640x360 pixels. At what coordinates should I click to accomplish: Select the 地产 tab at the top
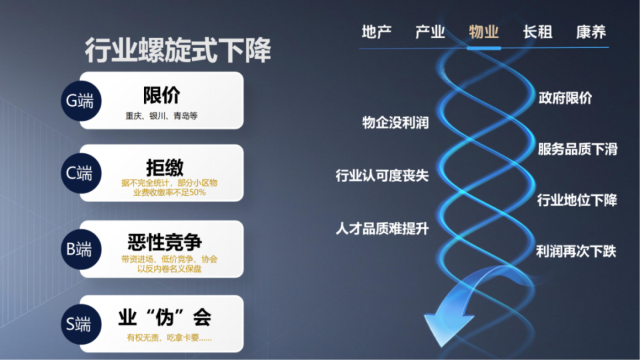coord(376,32)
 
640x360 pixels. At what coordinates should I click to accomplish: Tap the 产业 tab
coord(430,32)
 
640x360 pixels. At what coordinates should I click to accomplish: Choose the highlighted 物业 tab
coord(483,32)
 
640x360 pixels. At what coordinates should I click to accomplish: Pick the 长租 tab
coord(537,32)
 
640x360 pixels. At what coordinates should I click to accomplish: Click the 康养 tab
coord(591,32)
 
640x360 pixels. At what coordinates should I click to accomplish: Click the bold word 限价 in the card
coord(161,95)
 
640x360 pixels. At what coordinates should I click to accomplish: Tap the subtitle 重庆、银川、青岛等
coord(161,115)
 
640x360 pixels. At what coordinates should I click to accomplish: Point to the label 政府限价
coord(565,99)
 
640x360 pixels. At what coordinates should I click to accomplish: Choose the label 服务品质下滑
coord(577,149)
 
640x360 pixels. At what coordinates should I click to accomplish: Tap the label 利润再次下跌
coord(576,252)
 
